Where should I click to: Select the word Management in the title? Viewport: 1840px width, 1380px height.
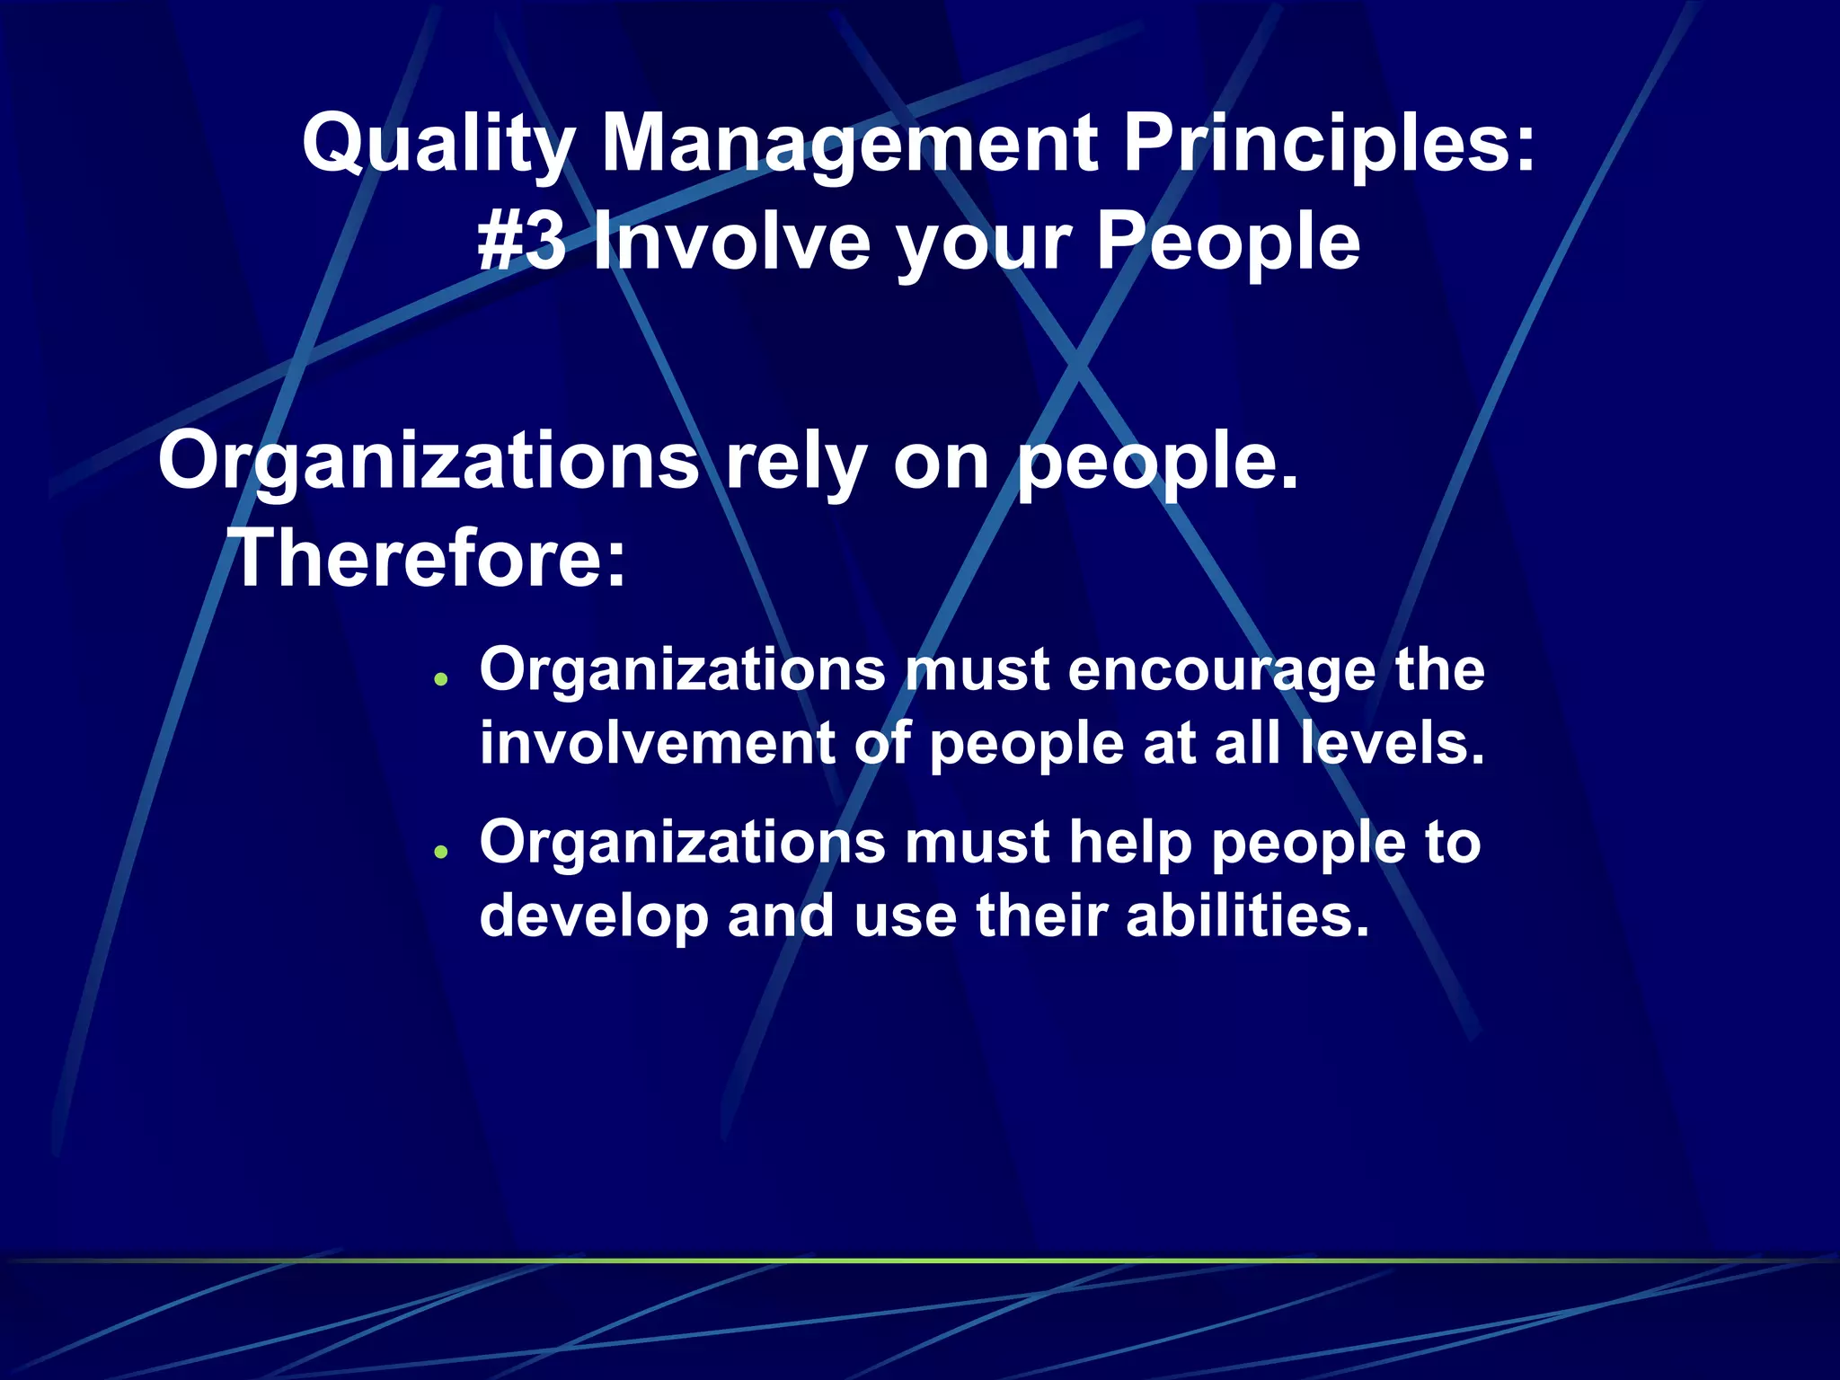pyautogui.click(x=848, y=144)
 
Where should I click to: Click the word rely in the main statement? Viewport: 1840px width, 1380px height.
pyautogui.click(x=794, y=462)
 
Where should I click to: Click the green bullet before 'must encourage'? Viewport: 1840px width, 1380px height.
pyautogui.click(x=440, y=679)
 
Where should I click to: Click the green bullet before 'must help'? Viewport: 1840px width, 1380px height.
pyautogui.click(x=440, y=851)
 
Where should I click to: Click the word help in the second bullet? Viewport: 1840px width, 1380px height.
pyautogui.click(x=1137, y=843)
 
